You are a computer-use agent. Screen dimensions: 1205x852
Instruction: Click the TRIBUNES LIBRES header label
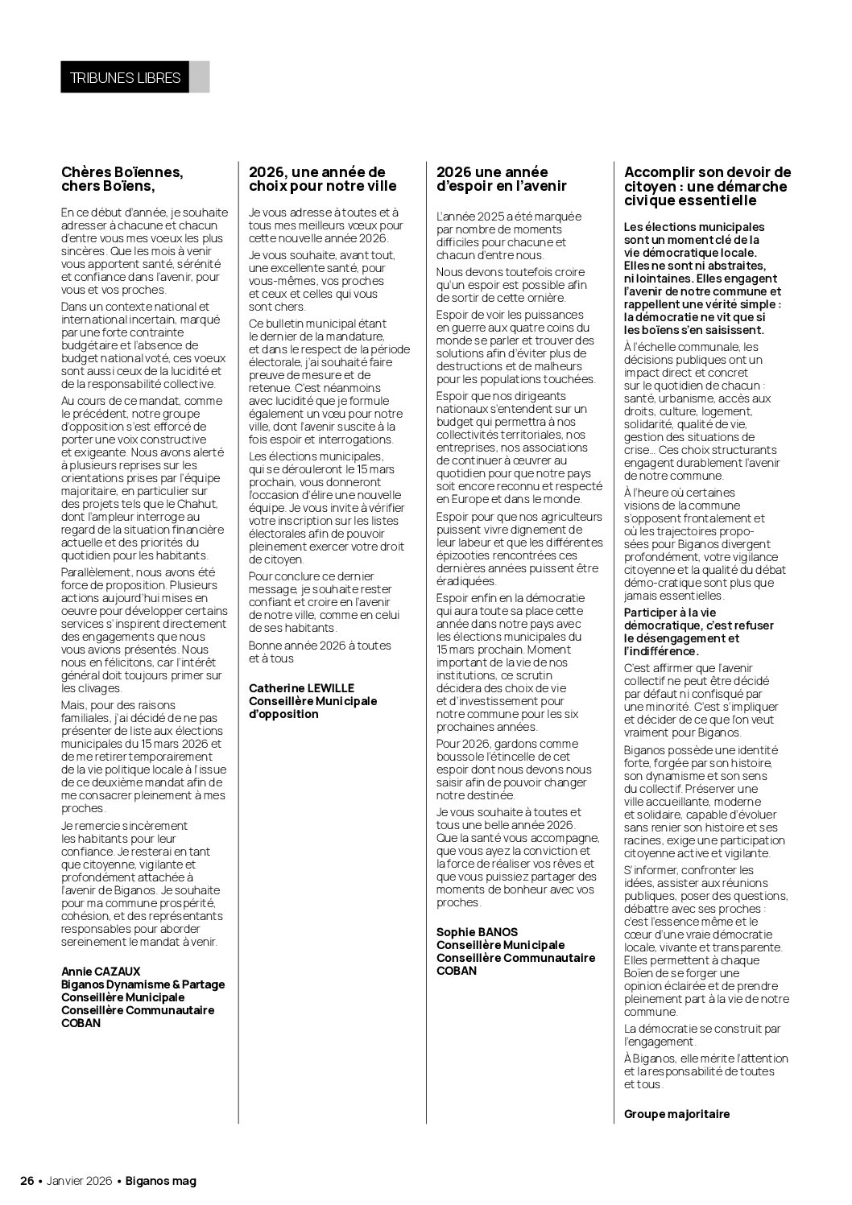125,77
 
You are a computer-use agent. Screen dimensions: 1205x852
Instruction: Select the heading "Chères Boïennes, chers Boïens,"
122,179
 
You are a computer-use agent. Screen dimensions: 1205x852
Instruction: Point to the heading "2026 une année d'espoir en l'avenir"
501,179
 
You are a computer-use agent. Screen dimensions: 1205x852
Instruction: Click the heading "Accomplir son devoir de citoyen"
707,186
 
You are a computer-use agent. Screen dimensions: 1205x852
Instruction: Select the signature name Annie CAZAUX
101,972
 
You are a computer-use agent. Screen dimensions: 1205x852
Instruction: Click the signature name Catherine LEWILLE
301,688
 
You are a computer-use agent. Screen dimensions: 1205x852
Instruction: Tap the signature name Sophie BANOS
477,932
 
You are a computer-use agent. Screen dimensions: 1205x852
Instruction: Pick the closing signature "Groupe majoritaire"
676,1114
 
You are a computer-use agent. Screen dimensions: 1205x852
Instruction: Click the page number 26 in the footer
27,1181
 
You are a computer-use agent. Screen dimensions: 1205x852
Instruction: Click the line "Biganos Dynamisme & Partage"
143,984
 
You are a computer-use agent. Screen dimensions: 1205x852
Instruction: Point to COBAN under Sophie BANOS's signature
457,971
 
